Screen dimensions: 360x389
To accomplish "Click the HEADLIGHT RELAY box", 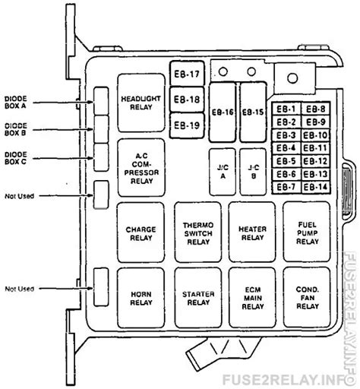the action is coord(141,103).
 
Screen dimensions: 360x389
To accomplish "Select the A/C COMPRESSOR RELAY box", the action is coord(141,167).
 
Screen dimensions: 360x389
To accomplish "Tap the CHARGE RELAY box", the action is coord(141,232).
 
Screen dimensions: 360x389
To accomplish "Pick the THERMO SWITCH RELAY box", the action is coord(198,232).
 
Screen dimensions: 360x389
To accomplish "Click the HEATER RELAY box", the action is coord(252,232).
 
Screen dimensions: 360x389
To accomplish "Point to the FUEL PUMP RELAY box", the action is coord(307,232).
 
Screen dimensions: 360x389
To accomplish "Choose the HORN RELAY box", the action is coord(141,298).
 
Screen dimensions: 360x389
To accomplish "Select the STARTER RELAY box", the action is coord(198,298).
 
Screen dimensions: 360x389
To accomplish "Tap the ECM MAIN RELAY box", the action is coord(252,298).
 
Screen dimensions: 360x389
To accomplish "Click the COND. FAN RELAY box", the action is coord(307,297).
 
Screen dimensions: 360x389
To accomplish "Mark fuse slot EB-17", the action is coord(187,74).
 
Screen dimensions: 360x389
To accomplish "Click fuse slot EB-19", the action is coord(187,125).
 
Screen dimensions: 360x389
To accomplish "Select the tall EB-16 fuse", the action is coord(223,112).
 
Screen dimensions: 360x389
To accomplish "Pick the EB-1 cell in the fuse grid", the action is coord(286,109).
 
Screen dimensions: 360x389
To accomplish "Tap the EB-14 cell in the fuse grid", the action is coord(316,188).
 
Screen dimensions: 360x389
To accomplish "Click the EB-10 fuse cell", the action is coord(316,135).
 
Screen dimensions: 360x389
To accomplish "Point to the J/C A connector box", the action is coord(223,172).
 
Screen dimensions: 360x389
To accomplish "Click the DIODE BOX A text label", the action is coord(15,103).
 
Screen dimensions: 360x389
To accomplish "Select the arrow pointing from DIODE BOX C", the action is coord(63,158).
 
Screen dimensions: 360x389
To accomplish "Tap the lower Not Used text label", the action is coord(20,289).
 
